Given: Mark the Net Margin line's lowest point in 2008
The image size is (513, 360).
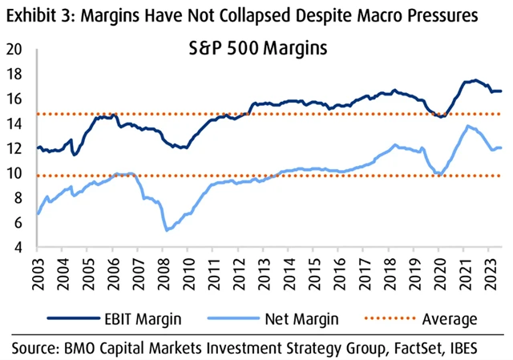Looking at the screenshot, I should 166,230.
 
